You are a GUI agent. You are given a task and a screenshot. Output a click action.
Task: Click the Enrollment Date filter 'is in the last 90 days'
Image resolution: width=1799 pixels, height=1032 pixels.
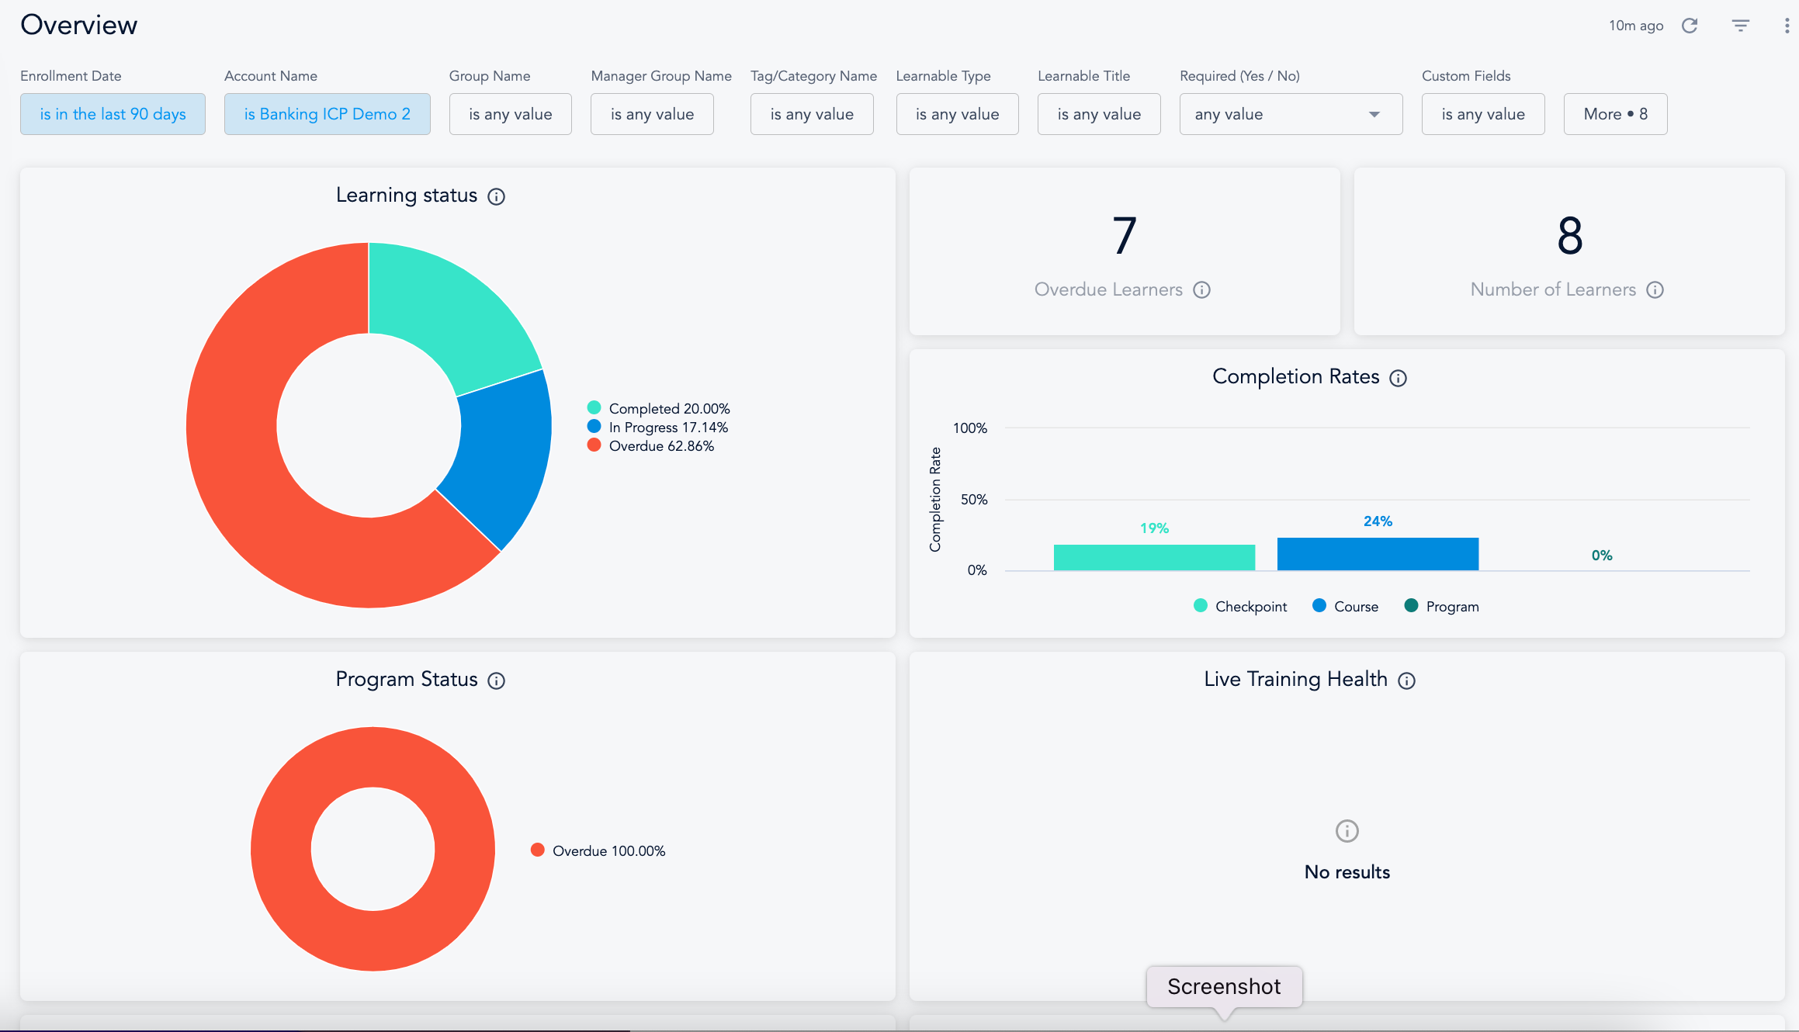pyautogui.click(x=113, y=114)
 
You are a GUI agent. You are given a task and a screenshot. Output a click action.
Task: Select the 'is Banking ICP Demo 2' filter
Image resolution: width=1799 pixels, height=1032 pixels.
pyautogui.click(x=327, y=114)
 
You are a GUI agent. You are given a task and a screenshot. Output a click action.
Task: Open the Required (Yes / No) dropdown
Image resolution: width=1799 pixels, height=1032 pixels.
pyautogui.click(x=1290, y=114)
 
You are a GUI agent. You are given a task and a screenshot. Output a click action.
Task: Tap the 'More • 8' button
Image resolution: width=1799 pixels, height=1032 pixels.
pyautogui.click(x=1615, y=114)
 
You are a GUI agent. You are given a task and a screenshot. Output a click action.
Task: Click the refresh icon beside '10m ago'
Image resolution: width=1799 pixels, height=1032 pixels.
pyautogui.click(x=1690, y=26)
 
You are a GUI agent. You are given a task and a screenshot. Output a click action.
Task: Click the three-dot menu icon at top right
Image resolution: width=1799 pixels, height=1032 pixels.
pyautogui.click(x=1787, y=26)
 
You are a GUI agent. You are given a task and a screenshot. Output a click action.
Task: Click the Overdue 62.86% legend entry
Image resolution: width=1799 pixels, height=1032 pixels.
pyautogui.click(x=660, y=446)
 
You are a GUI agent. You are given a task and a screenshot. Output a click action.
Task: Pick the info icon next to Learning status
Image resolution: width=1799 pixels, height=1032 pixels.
pyautogui.click(x=496, y=196)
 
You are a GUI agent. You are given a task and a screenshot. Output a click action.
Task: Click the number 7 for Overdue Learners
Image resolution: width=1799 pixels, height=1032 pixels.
pyautogui.click(x=1124, y=236)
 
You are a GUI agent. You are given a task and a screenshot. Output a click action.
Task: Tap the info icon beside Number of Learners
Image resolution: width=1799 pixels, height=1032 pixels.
pyautogui.click(x=1655, y=289)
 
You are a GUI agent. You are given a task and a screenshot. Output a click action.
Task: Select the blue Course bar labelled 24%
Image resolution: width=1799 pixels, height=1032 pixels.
pyautogui.click(x=1378, y=554)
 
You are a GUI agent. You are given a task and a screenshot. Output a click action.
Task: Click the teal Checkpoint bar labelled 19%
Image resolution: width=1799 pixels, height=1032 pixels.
pyautogui.click(x=1154, y=557)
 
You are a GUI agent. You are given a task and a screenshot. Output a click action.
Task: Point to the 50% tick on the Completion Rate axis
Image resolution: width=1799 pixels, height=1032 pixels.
pyautogui.click(x=974, y=500)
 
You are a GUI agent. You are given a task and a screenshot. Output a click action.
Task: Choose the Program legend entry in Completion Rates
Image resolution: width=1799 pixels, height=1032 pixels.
pyautogui.click(x=1442, y=606)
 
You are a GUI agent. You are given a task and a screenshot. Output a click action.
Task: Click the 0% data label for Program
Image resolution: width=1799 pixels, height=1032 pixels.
pyautogui.click(x=1602, y=556)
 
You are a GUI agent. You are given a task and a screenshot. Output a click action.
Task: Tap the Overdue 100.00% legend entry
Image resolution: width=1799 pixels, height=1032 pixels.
pyautogui.click(x=608, y=851)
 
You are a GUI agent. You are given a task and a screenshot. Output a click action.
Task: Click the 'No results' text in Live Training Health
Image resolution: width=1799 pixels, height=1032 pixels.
pyautogui.click(x=1347, y=872)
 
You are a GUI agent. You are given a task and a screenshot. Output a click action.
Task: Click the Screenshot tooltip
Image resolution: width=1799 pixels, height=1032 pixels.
pyautogui.click(x=1224, y=986)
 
